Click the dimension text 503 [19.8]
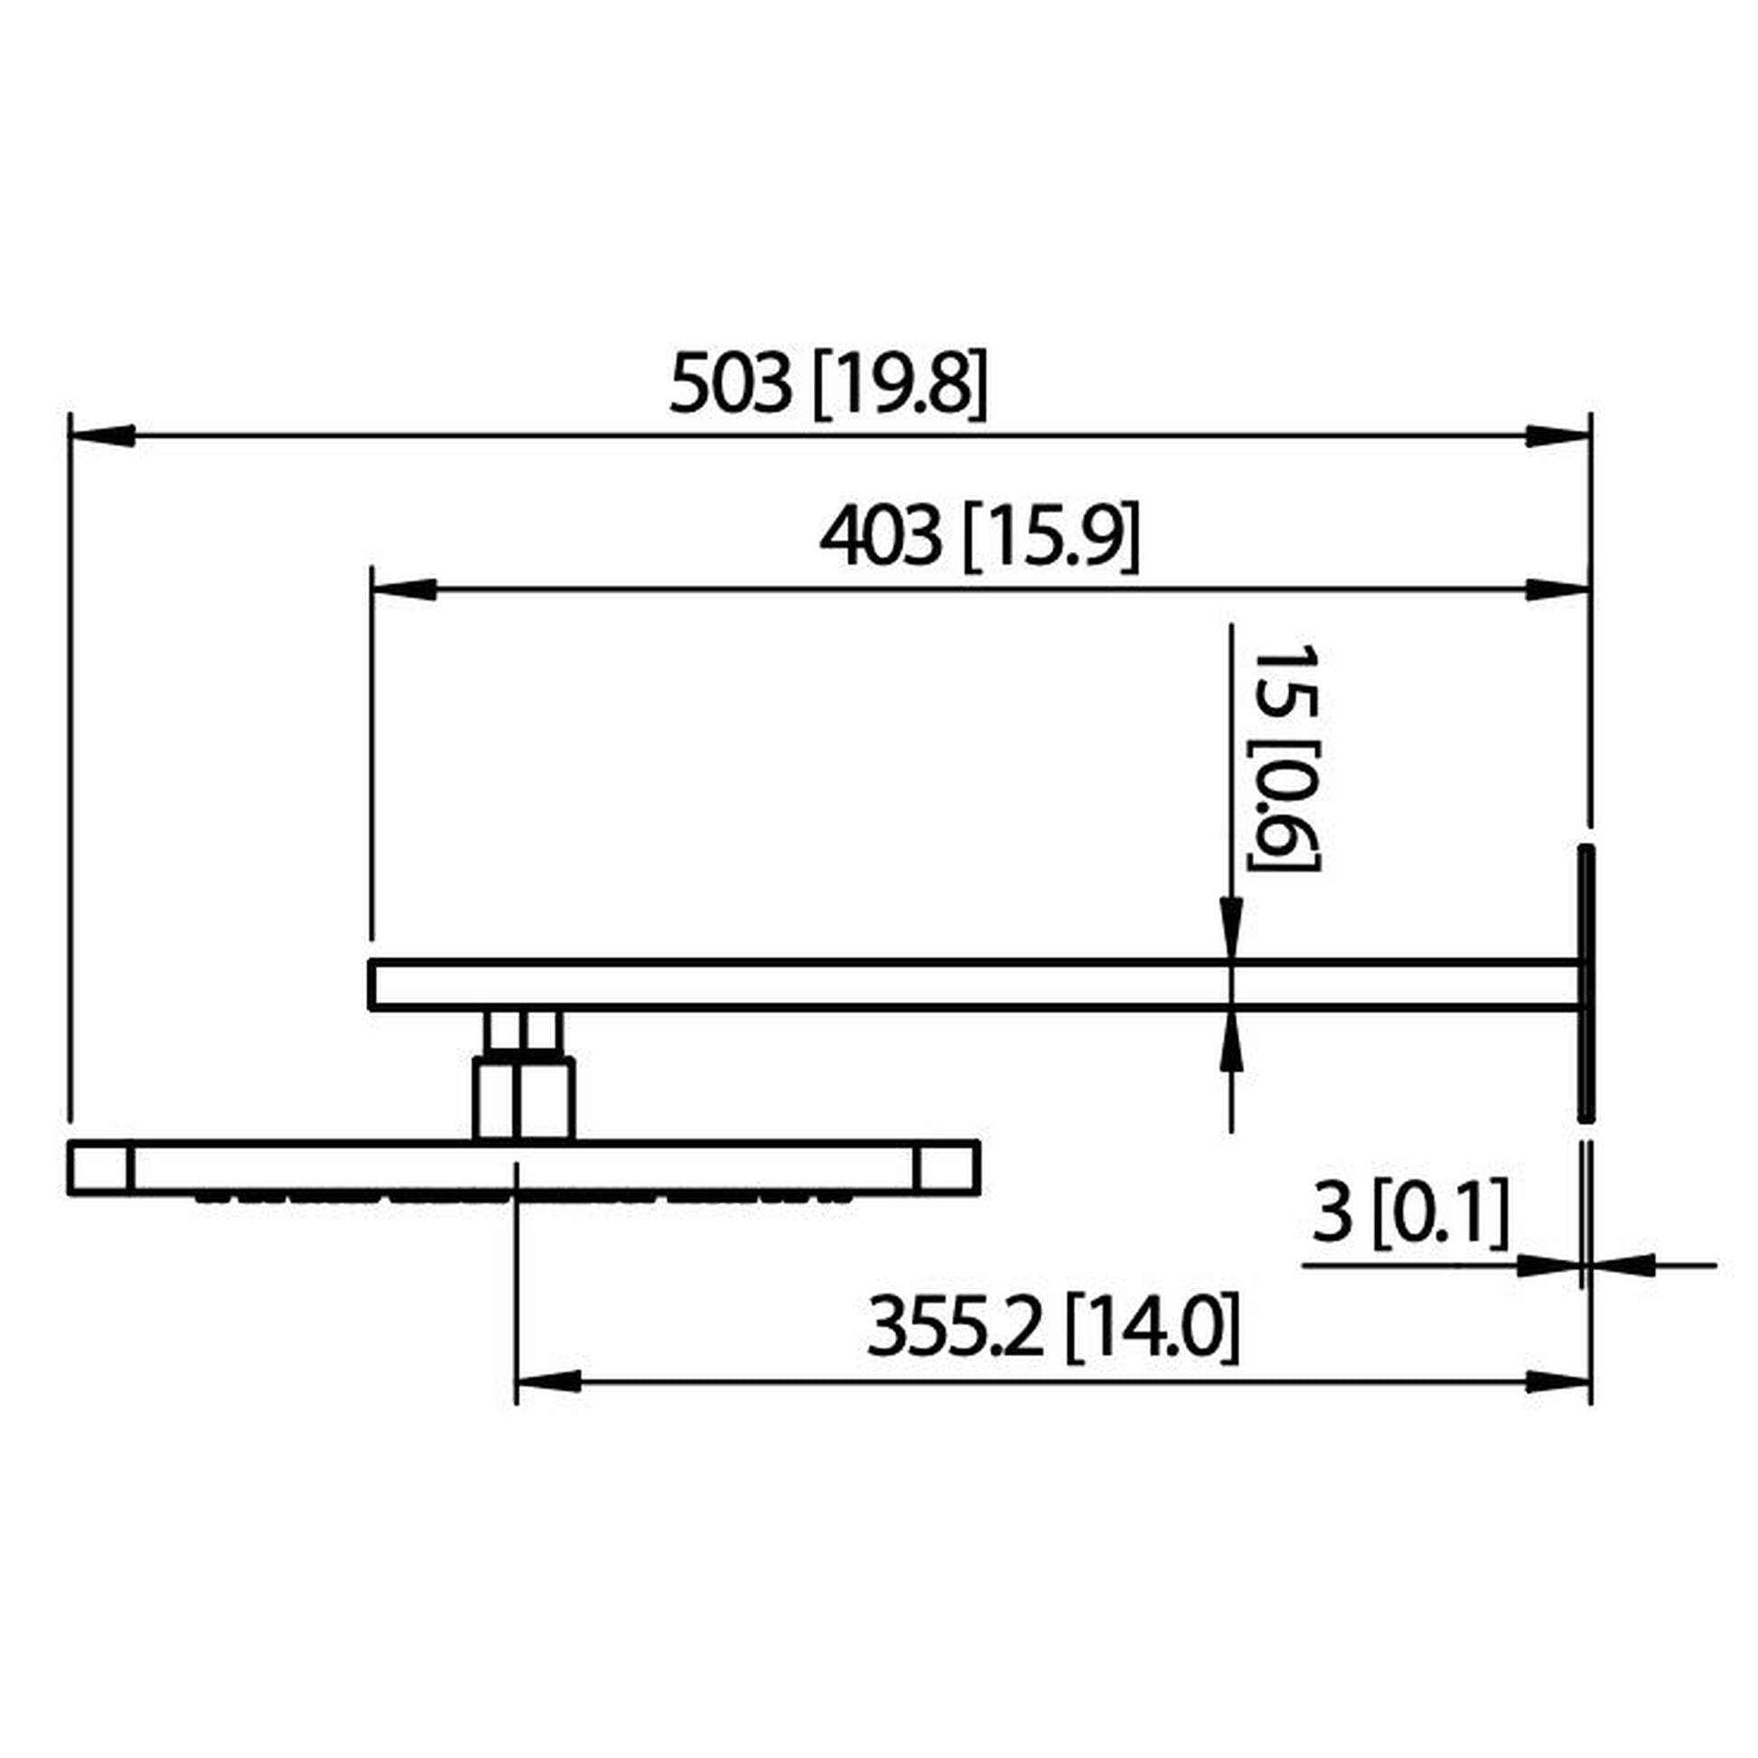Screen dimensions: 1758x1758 (828, 384)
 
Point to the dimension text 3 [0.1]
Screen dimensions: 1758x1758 (1409, 1212)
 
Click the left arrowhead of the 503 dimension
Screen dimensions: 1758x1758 (103, 435)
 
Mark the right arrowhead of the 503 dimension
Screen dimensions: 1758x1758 (1557, 435)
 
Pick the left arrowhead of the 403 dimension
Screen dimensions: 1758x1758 (404, 590)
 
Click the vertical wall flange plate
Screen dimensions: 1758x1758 (1585, 983)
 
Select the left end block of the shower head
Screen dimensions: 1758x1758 (100, 1167)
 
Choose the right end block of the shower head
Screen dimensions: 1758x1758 (948, 1167)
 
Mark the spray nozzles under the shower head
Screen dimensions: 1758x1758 (523, 1200)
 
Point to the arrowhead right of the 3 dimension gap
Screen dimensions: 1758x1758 (1621, 1265)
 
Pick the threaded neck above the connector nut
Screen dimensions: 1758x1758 (523, 1033)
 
